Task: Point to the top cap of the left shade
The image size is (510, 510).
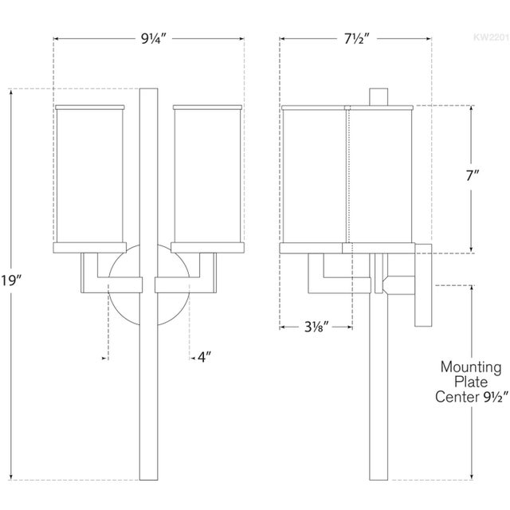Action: pyautogui.click(x=89, y=104)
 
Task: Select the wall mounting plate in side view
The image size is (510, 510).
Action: pyautogui.click(x=422, y=285)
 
